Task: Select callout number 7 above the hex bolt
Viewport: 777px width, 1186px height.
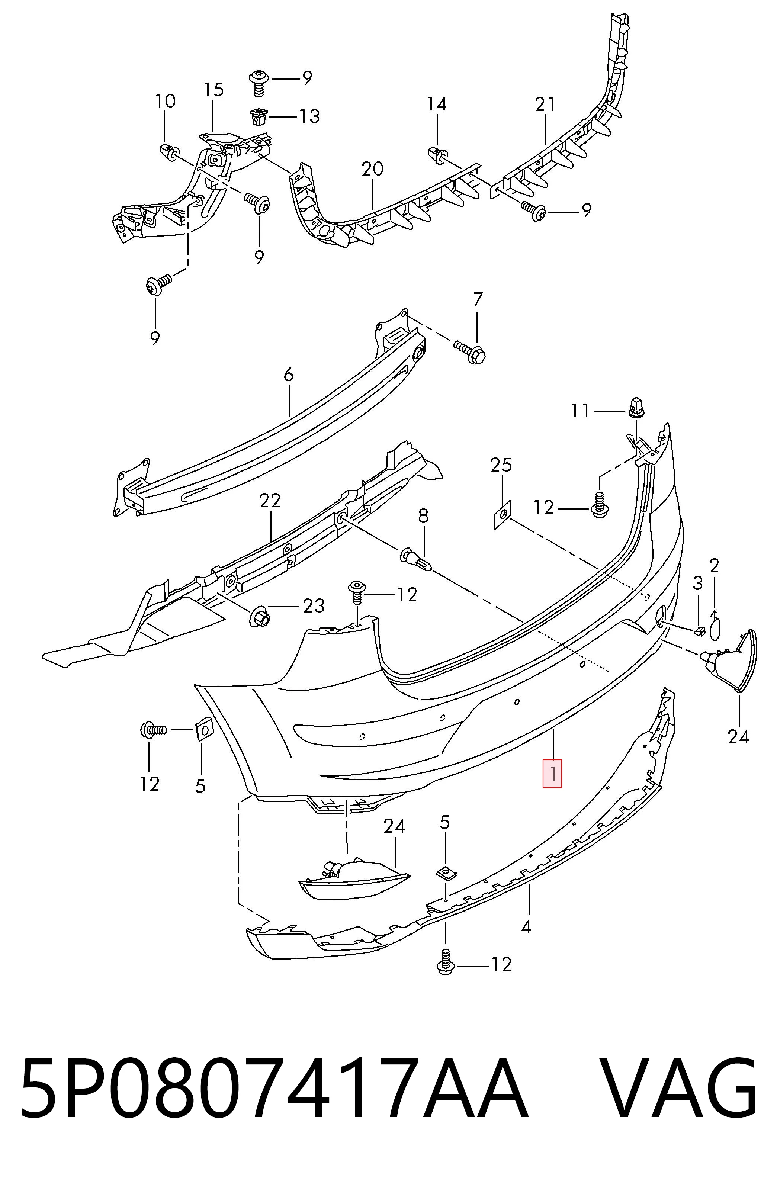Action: click(x=478, y=299)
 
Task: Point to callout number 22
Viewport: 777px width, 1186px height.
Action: click(x=270, y=500)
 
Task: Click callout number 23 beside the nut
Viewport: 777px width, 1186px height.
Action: click(x=314, y=606)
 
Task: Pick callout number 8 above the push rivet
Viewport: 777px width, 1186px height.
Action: click(x=423, y=516)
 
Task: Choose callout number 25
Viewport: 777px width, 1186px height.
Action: click(x=501, y=465)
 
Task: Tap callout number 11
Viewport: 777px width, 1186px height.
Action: click(x=580, y=411)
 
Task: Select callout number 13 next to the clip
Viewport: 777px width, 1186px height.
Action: click(x=309, y=117)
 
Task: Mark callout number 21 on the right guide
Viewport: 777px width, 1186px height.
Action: click(x=545, y=105)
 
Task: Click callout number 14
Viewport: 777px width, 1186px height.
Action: click(x=437, y=104)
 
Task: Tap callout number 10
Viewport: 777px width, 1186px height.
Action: click(x=166, y=101)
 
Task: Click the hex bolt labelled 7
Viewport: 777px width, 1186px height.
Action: click(x=469, y=351)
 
